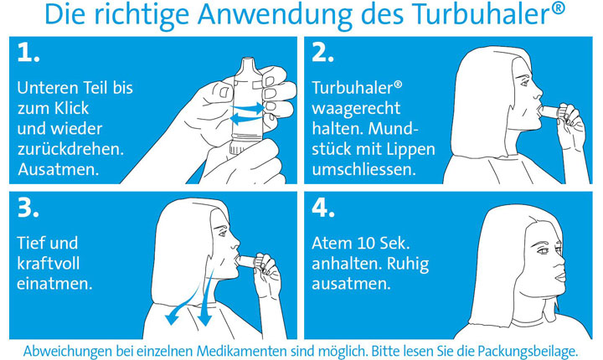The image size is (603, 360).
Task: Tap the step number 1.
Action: tap(28, 52)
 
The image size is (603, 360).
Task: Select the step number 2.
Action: tap(322, 52)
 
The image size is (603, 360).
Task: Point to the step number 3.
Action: tap(28, 208)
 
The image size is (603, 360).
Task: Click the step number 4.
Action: tap(323, 208)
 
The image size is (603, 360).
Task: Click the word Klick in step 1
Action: tap(72, 108)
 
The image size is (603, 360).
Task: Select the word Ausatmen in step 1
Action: tap(59, 169)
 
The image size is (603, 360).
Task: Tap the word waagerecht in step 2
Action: tap(356, 109)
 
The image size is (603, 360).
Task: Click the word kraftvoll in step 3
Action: tap(49, 264)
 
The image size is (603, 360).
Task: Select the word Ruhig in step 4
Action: tap(408, 265)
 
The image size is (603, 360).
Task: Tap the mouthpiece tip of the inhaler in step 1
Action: tap(249, 60)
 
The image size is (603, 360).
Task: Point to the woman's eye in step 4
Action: tap(542, 250)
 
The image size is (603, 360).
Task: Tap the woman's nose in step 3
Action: tap(235, 242)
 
